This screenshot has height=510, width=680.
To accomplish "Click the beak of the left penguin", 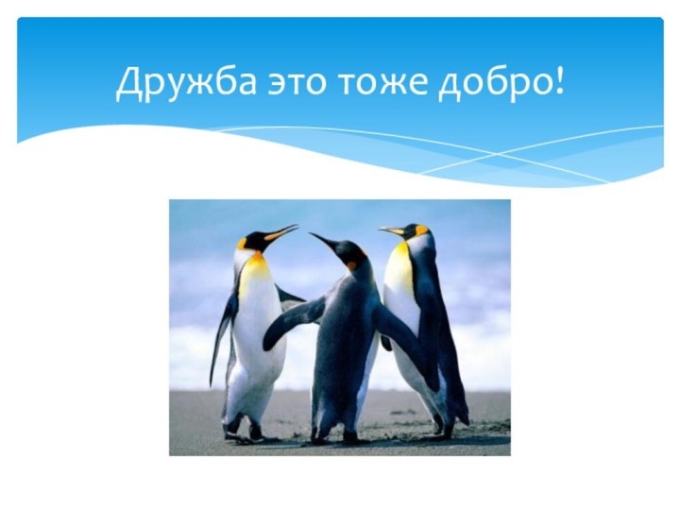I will (281, 231).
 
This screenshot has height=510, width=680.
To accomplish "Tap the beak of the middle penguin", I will (322, 241).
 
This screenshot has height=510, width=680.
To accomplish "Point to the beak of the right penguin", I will (391, 229).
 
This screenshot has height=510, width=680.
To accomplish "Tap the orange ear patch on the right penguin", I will (421, 229).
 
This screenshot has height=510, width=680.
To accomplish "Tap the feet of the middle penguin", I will (336, 436).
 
